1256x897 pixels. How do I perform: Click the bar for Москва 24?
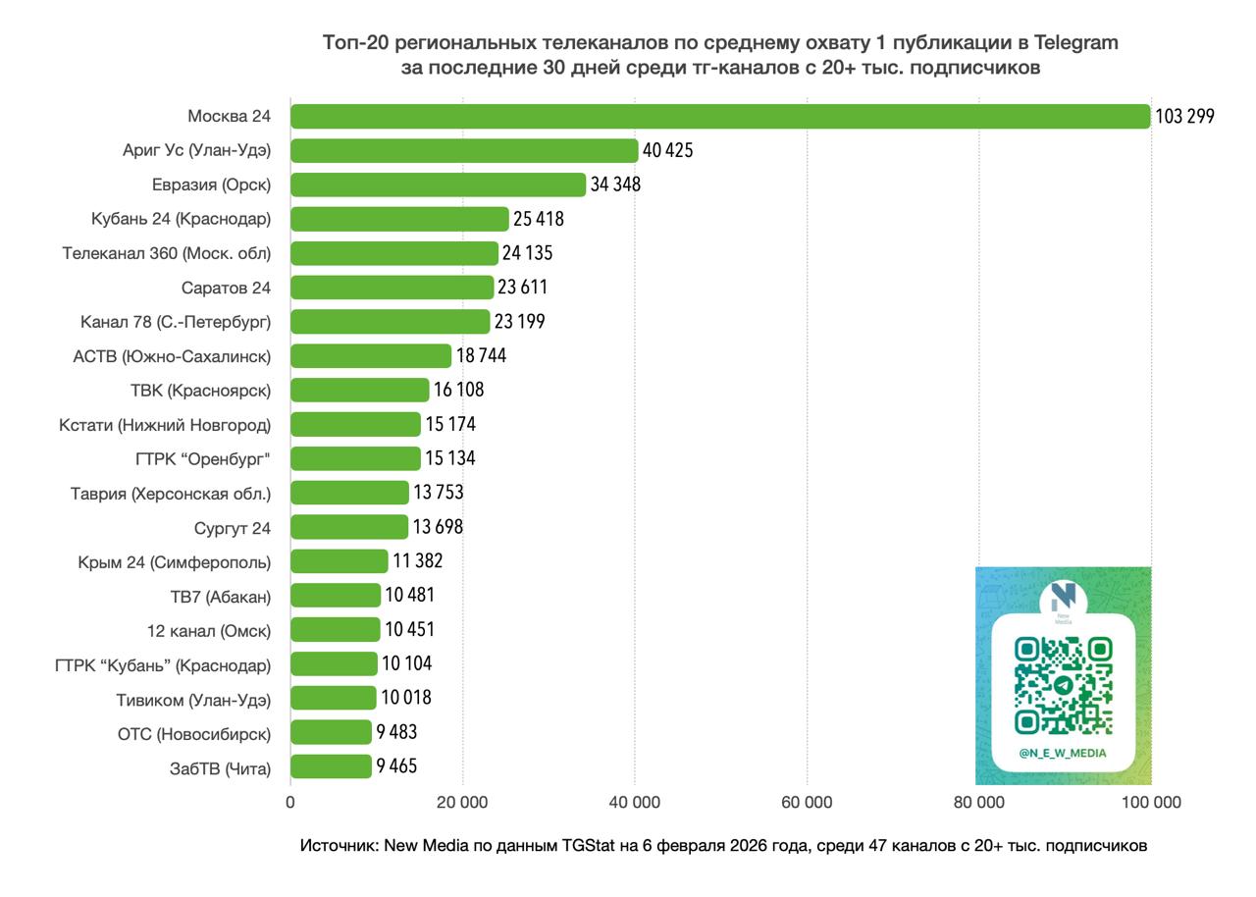pos(719,116)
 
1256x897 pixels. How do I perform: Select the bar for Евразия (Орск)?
pos(438,185)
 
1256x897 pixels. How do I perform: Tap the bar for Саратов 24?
pos(392,288)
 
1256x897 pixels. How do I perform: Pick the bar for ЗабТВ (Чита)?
pos(331,766)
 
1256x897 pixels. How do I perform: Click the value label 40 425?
pos(667,150)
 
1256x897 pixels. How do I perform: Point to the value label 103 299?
pos(1184,116)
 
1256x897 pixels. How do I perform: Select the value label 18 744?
pos(481,355)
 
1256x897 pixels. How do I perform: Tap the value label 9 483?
pos(396,732)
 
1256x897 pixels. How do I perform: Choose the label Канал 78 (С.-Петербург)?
pos(176,322)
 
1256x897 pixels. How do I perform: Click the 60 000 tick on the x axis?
pos(807,802)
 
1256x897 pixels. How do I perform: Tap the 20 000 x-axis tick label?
pos(462,802)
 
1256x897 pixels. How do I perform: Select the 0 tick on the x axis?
pos(290,802)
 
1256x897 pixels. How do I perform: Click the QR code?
pos(1063,686)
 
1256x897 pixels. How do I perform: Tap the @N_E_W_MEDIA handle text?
pos(1063,754)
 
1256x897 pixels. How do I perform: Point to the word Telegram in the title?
pos(1076,43)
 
